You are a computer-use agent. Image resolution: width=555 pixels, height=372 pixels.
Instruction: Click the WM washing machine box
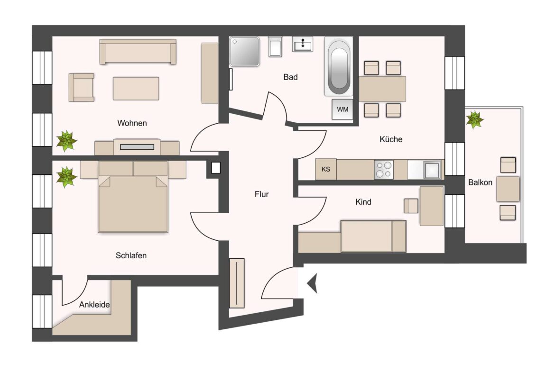342,109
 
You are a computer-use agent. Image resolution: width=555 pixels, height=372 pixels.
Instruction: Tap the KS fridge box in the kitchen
326,169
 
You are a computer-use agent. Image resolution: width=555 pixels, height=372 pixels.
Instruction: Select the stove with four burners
383,169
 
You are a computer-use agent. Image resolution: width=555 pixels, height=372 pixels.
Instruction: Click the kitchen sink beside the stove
432,169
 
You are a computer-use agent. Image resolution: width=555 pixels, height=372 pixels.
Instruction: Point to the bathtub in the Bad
338,67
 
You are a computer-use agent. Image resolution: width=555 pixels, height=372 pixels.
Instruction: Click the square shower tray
244,52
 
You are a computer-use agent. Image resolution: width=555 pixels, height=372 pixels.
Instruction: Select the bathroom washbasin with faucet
302,44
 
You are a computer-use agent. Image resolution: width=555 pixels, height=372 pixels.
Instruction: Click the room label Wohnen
132,123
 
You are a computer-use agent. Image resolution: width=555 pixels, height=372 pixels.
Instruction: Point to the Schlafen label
131,255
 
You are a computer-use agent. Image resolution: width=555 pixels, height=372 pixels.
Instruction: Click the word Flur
261,194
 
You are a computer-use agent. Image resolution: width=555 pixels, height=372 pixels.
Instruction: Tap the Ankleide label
95,305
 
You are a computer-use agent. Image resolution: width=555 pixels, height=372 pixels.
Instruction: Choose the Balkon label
480,182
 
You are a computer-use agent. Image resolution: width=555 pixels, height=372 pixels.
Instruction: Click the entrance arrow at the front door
312,283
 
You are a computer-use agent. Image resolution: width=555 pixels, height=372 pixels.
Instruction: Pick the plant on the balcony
474,119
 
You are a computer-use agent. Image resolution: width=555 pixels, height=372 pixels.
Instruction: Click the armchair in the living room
82,87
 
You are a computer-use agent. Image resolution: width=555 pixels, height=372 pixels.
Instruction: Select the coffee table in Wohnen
136,89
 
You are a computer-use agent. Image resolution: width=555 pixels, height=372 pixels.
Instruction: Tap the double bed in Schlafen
133,199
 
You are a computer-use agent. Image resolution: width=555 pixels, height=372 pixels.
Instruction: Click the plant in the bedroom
66,177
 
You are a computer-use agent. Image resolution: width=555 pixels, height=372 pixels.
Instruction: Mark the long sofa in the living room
138,52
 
